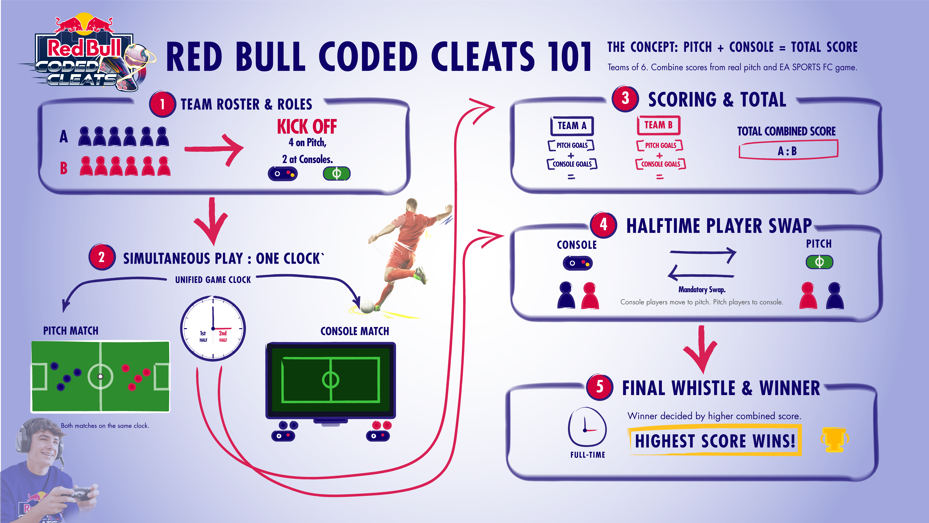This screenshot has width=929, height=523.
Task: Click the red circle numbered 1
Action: [x=162, y=104]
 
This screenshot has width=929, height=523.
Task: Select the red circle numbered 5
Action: [x=599, y=387]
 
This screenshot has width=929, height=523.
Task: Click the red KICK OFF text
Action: [x=307, y=127]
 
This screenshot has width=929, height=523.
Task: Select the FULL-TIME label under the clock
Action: [x=588, y=455]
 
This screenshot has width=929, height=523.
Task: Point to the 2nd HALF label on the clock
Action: [x=223, y=336]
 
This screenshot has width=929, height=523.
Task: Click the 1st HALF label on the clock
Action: [x=203, y=336]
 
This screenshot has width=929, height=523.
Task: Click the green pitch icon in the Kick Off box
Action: [x=336, y=174]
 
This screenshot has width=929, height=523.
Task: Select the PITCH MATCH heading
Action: [x=71, y=331]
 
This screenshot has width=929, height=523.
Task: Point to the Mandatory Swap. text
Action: [x=701, y=289]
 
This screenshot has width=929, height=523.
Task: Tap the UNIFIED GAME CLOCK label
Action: [x=213, y=280]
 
